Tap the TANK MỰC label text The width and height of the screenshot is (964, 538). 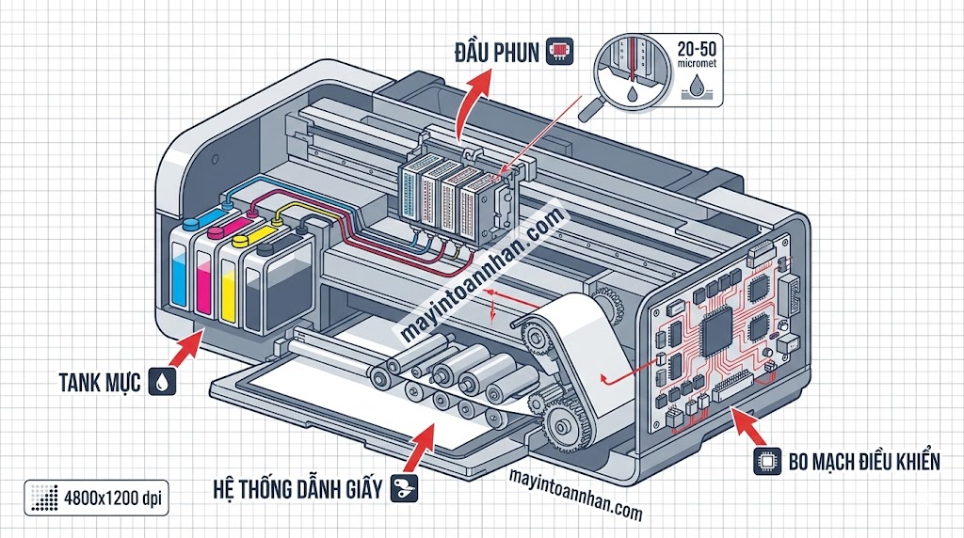(98, 383)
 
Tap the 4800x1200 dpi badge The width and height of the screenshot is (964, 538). (96, 497)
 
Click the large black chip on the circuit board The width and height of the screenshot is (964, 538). (719, 329)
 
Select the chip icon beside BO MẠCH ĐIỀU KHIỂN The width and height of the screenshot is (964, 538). (766, 462)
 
